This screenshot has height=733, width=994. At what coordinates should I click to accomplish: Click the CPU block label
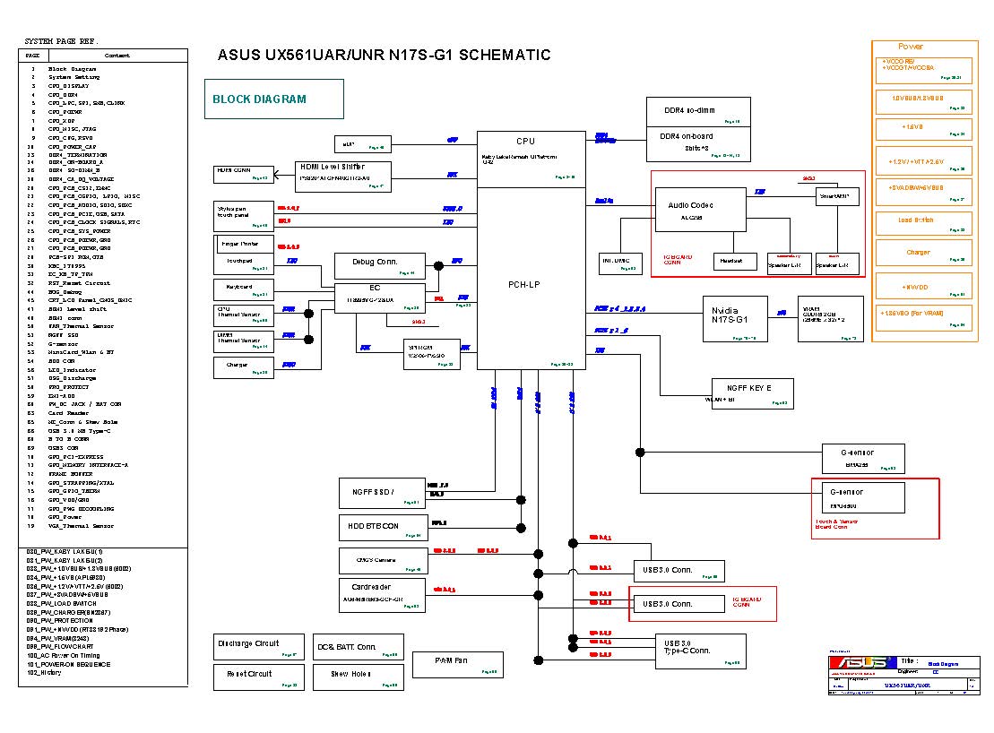coord(526,142)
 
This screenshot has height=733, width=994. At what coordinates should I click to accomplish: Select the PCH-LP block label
coord(525,285)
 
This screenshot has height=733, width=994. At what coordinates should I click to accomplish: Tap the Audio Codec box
coord(690,211)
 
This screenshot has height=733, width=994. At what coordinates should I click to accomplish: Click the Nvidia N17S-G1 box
coord(734,318)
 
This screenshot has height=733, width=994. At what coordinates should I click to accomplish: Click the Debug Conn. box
coord(375,265)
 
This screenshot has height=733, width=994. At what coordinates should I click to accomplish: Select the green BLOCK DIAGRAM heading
coord(274,99)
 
